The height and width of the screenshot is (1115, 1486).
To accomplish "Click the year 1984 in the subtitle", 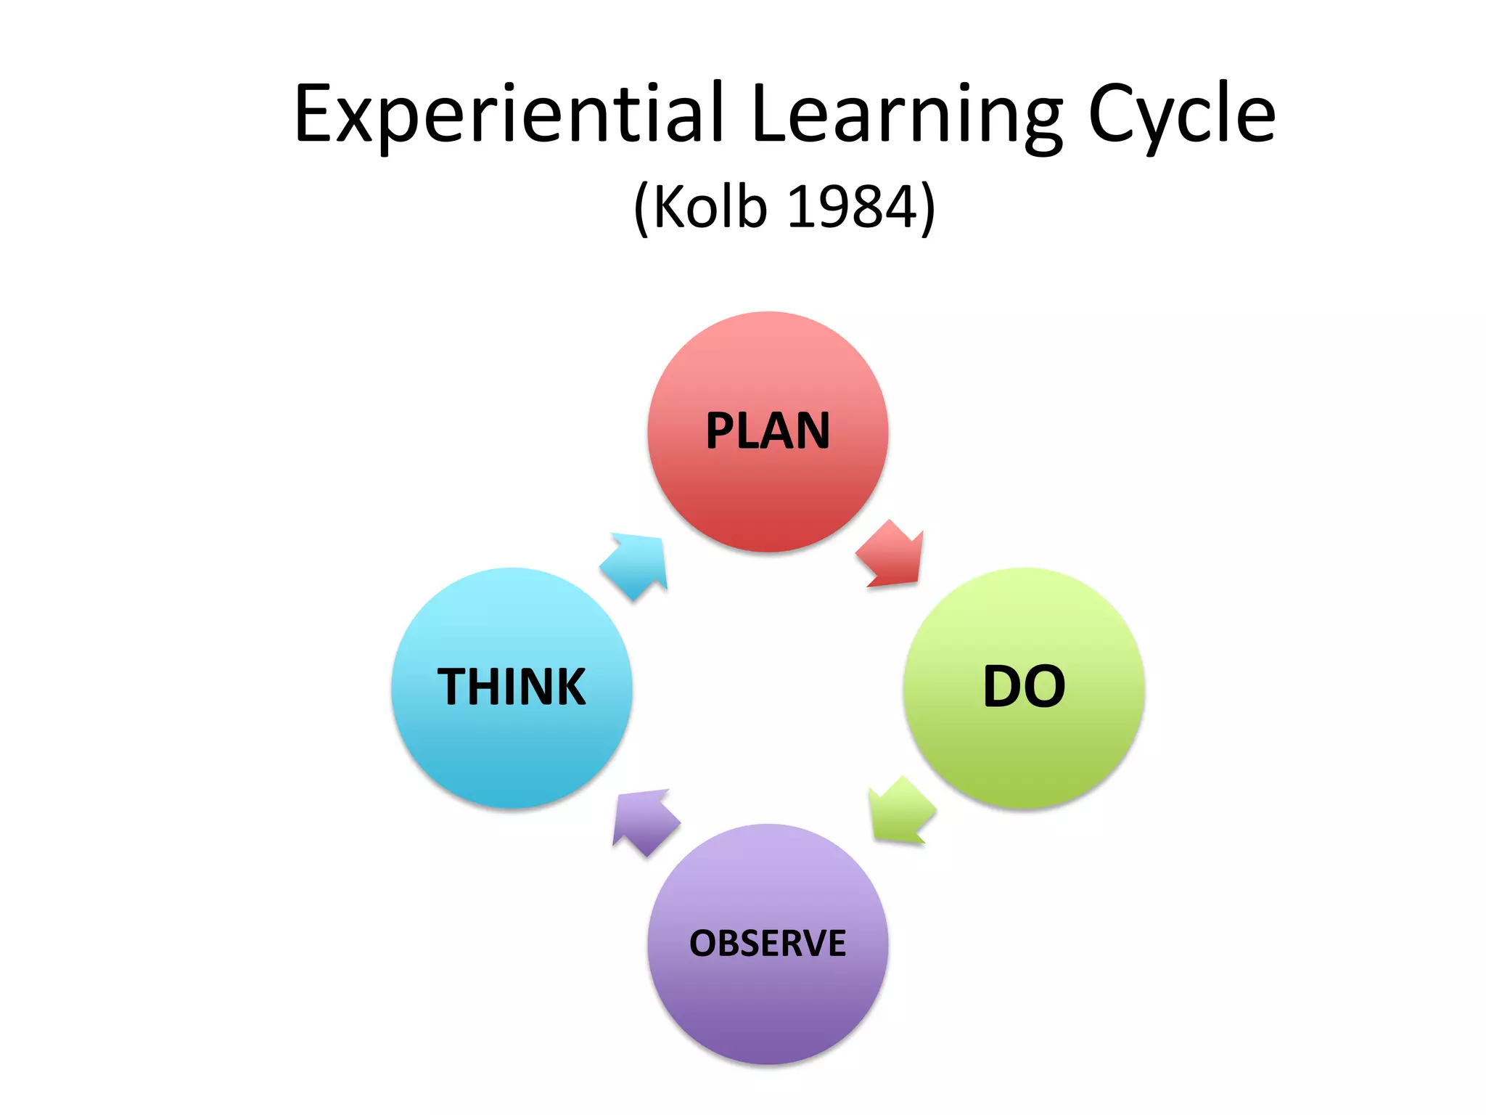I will (852, 207).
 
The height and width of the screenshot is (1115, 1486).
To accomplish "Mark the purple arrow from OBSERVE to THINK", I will (644, 821).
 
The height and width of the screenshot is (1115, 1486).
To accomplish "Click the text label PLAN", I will (768, 431).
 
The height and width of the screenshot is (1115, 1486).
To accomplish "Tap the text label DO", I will (1024, 687).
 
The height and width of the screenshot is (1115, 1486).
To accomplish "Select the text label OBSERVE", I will (768, 943).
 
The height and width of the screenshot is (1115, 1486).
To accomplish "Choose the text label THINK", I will (512, 687).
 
